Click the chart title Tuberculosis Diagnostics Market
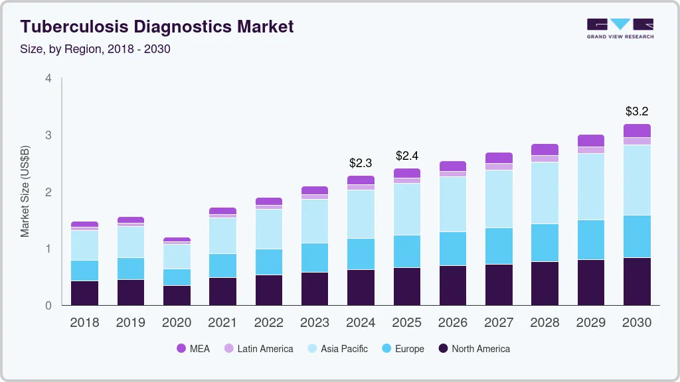click(x=157, y=27)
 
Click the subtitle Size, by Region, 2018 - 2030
click(x=96, y=49)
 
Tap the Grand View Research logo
click(x=620, y=28)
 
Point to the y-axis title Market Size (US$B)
click(x=25, y=192)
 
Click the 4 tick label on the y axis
click(x=48, y=78)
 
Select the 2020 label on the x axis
click(x=177, y=323)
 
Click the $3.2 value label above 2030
click(x=637, y=111)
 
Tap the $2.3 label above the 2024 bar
click(x=361, y=162)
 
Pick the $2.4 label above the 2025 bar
click(x=407, y=156)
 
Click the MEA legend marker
click(x=181, y=349)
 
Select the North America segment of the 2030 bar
click(x=637, y=281)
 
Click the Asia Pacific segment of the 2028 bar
click(x=545, y=193)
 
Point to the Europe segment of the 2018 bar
click(x=84, y=271)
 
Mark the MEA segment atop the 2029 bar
click(x=590, y=141)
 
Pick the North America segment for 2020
click(x=177, y=295)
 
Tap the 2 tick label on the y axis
click(x=48, y=192)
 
